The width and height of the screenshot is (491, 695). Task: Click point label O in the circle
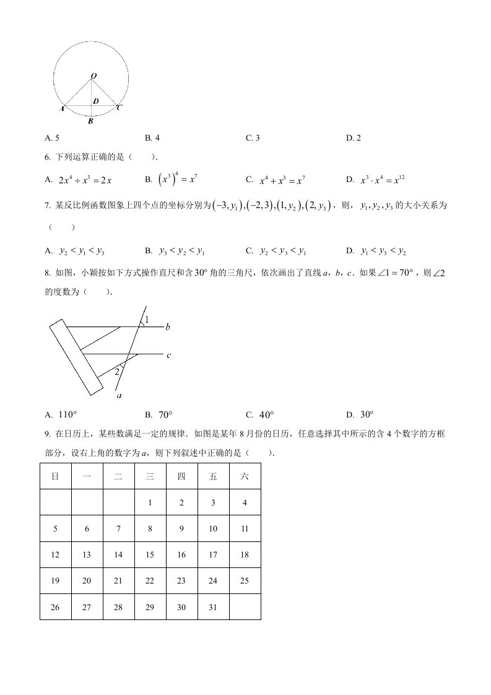click(x=93, y=76)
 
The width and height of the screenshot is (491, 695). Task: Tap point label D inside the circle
click(x=95, y=101)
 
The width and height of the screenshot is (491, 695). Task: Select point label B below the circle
click(x=90, y=121)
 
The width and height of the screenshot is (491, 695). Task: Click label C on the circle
click(x=119, y=108)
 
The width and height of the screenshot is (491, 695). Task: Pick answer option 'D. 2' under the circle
click(x=353, y=138)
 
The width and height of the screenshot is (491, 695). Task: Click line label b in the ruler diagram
click(x=167, y=326)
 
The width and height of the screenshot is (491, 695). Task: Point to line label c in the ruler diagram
click(x=168, y=355)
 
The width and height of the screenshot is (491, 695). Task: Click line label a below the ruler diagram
click(x=118, y=395)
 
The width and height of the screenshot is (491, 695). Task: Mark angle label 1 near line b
click(x=146, y=320)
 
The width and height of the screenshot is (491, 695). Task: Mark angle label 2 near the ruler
click(x=116, y=372)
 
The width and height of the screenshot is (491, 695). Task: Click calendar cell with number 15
click(x=150, y=555)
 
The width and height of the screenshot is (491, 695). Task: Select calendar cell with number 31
click(x=213, y=607)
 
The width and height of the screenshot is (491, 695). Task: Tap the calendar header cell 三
click(x=150, y=476)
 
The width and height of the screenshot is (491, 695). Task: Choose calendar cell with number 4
click(x=245, y=502)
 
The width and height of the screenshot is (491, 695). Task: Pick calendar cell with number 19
click(x=55, y=581)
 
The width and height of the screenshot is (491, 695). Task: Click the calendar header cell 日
click(x=55, y=476)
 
